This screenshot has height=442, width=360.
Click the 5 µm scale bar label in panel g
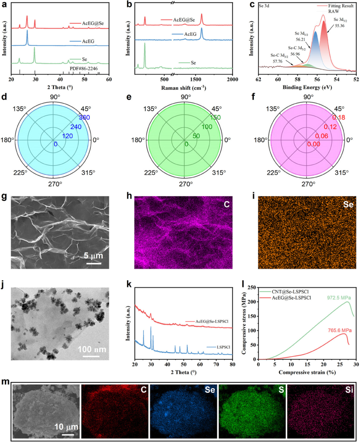93,256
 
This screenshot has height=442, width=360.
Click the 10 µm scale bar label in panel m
66,427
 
